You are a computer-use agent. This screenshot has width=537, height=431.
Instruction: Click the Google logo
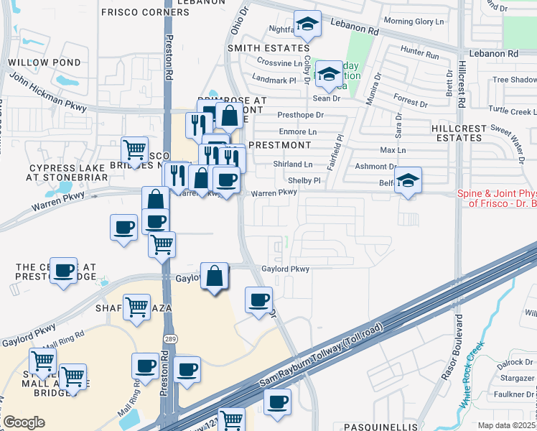[x=24, y=422]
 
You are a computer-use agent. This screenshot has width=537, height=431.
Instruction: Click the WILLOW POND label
[x=34, y=62]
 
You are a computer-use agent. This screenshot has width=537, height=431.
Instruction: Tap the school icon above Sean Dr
[x=329, y=73]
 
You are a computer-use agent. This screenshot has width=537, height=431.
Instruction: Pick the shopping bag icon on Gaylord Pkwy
[x=215, y=276]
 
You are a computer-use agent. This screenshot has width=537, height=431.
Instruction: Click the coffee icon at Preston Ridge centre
[x=64, y=271]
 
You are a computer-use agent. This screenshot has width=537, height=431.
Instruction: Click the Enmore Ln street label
[x=296, y=132]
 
